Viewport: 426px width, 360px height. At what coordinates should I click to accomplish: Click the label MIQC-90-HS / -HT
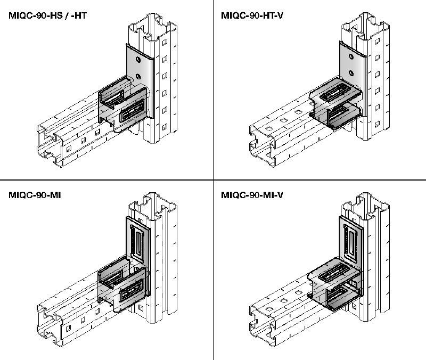coord(48,15)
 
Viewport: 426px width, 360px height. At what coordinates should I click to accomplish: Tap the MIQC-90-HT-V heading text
coord(252,15)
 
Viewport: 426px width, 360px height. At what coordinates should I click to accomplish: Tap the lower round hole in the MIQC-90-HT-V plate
coord(349,74)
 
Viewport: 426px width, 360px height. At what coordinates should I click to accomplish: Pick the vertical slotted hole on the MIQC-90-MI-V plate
coord(350,240)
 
